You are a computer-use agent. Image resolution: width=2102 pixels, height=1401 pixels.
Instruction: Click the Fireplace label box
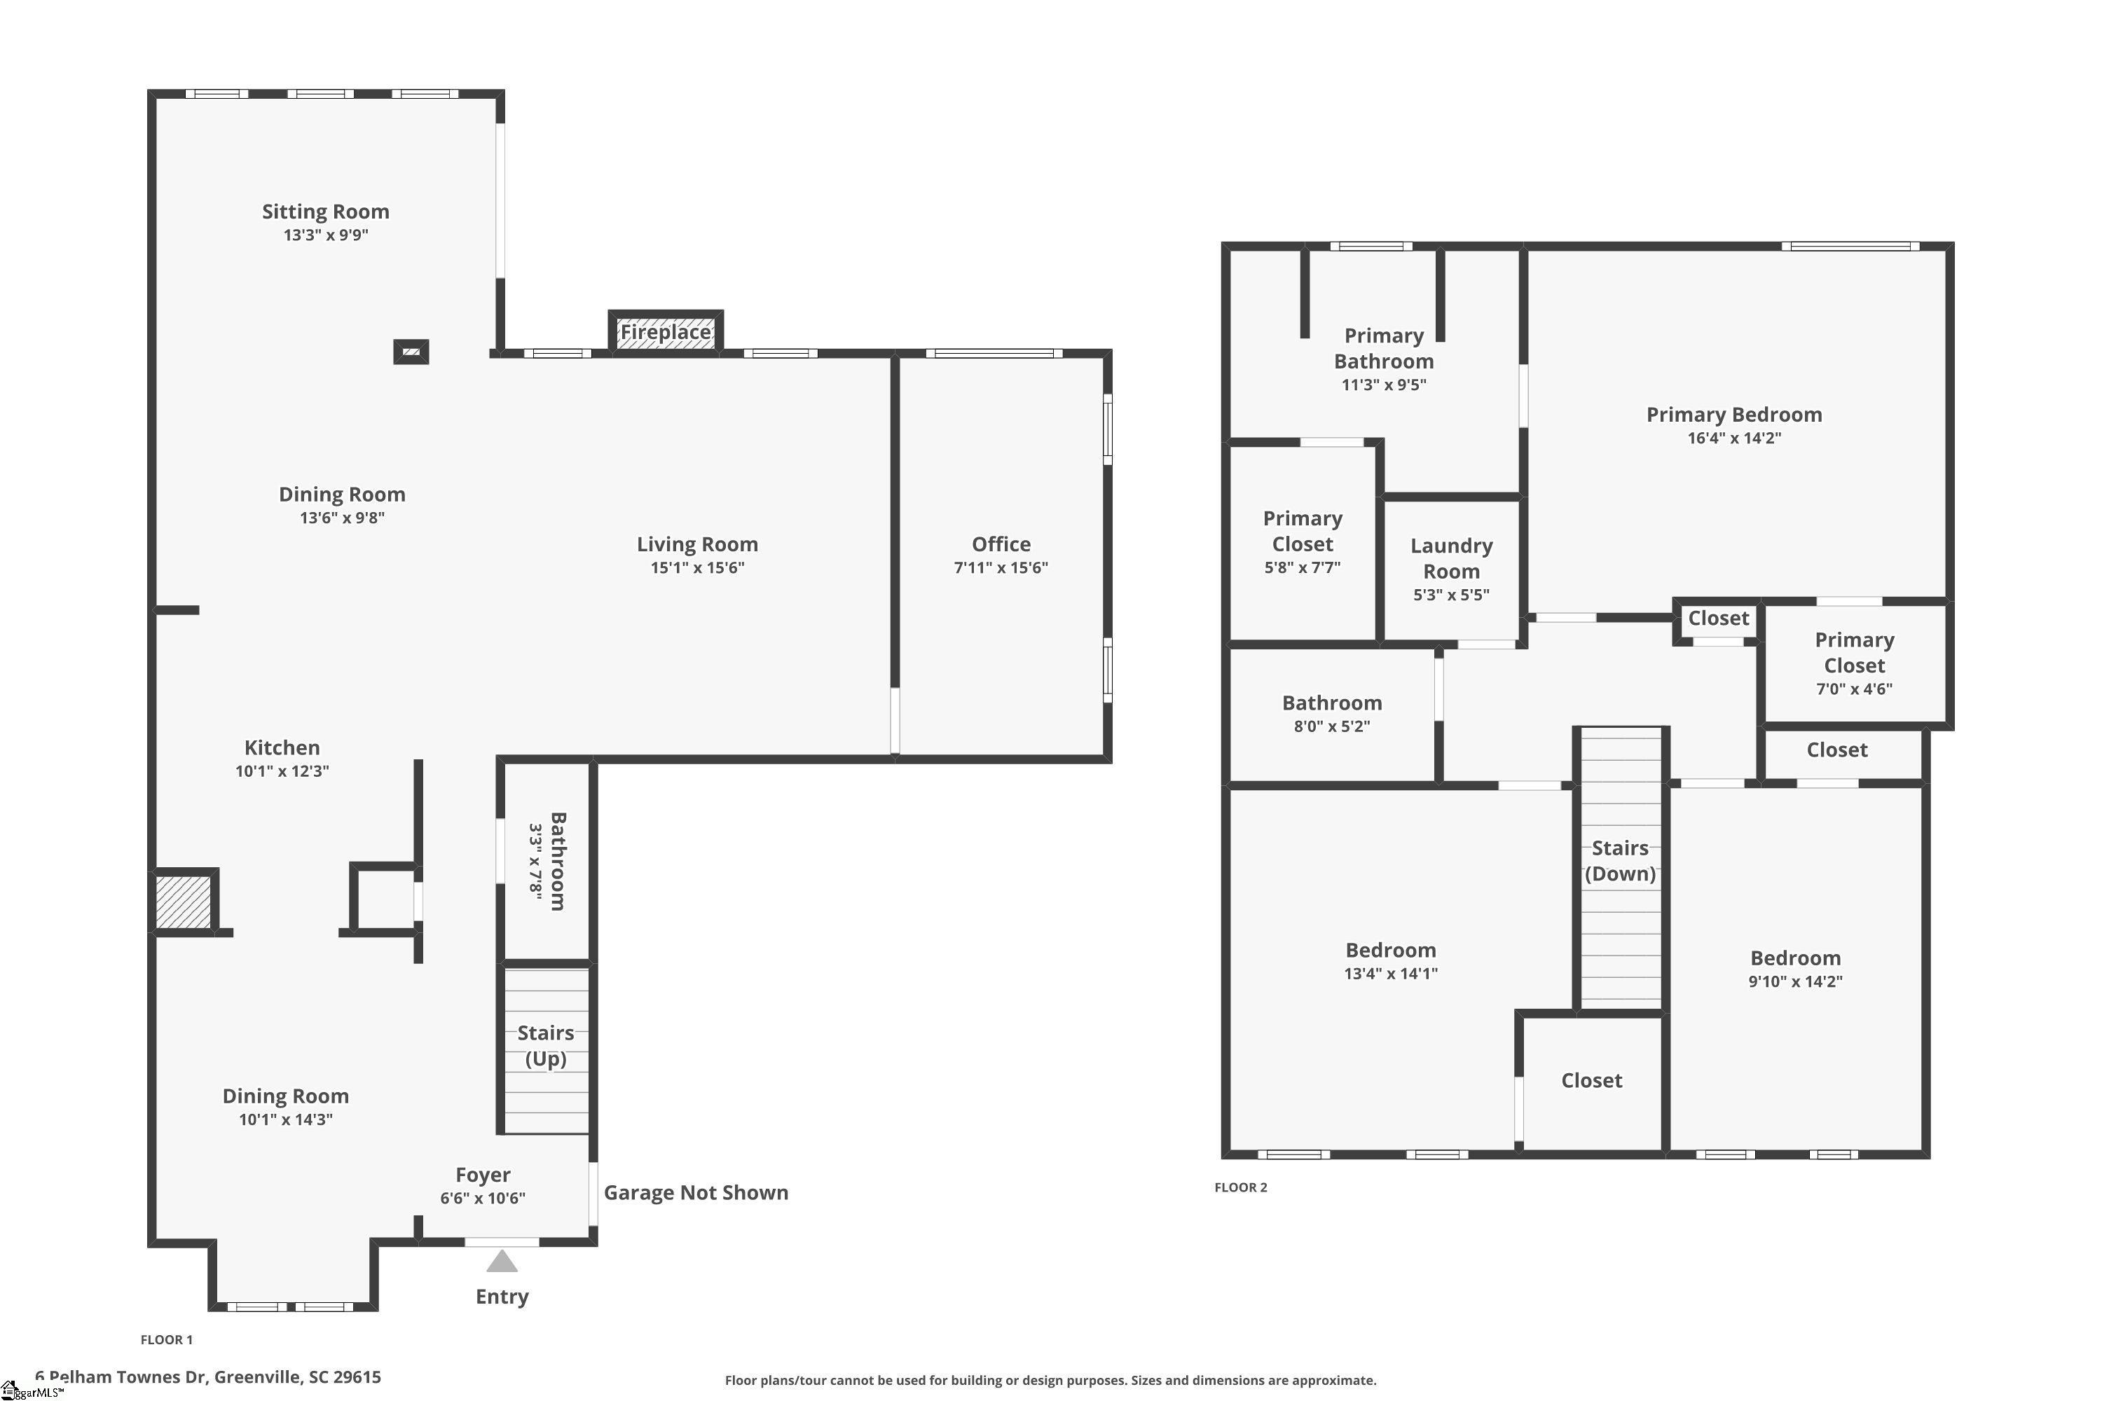pyautogui.click(x=665, y=332)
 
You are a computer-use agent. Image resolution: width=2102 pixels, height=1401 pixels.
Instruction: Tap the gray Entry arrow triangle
pyautogui.click(x=502, y=1262)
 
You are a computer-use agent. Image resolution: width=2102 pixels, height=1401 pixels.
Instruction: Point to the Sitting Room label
pyautogui.click(x=325, y=212)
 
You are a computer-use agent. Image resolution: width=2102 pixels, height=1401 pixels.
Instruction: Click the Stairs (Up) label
pyautogui.click(x=545, y=1045)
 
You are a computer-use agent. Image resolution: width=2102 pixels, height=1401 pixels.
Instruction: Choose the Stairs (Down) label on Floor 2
pyautogui.click(x=1619, y=860)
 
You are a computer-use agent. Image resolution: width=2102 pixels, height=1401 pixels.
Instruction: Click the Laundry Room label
pyautogui.click(x=1450, y=558)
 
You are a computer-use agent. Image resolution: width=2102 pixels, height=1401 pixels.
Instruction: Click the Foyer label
pyautogui.click(x=483, y=1175)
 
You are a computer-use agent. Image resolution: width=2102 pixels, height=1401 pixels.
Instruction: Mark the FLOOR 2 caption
pyautogui.click(x=1239, y=1187)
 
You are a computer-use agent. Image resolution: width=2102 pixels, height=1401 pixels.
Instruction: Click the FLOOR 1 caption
pyautogui.click(x=166, y=1339)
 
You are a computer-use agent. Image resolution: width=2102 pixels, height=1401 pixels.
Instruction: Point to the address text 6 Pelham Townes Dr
pyautogui.click(x=207, y=1377)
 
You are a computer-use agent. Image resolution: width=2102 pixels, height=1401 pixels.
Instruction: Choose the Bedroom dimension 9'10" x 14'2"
pyautogui.click(x=1794, y=981)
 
